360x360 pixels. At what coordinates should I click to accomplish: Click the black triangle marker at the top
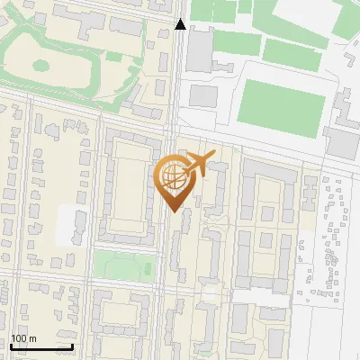[181, 24]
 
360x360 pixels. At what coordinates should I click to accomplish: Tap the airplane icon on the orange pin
[197, 166]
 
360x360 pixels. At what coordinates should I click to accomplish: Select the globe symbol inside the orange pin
[172, 177]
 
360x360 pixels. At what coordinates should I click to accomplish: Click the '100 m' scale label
[23, 338]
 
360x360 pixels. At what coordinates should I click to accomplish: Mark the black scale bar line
[41, 346]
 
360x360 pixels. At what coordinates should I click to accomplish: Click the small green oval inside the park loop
[40, 65]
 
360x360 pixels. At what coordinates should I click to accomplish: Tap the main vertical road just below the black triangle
[181, 54]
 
